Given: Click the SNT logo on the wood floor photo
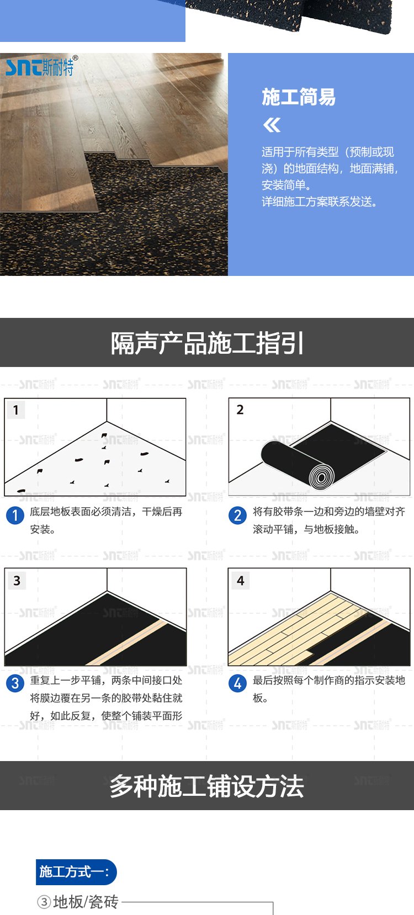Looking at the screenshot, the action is tap(41, 66).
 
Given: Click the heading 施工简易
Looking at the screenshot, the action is tap(298, 97).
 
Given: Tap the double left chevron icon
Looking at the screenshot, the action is tap(272, 125).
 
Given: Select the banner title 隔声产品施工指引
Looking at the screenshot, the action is tap(207, 343).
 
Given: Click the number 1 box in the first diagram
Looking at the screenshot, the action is tap(16, 409).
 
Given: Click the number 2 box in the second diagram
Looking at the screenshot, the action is tap(240, 409).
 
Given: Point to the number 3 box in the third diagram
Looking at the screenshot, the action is tap(17, 581).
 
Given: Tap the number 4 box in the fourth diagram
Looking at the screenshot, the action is tap(240, 581).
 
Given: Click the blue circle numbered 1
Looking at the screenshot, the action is tap(15, 515).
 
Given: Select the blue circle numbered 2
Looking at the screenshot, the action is tap(237, 515).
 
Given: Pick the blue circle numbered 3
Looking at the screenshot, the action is tap(15, 683).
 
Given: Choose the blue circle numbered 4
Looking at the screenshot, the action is tap(237, 683).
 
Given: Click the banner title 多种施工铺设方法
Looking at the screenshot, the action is tap(207, 786).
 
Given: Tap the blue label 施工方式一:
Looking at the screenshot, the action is tap(76, 872).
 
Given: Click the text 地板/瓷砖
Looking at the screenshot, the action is tap(86, 902).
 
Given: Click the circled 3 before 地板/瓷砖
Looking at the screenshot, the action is tap(44, 902).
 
